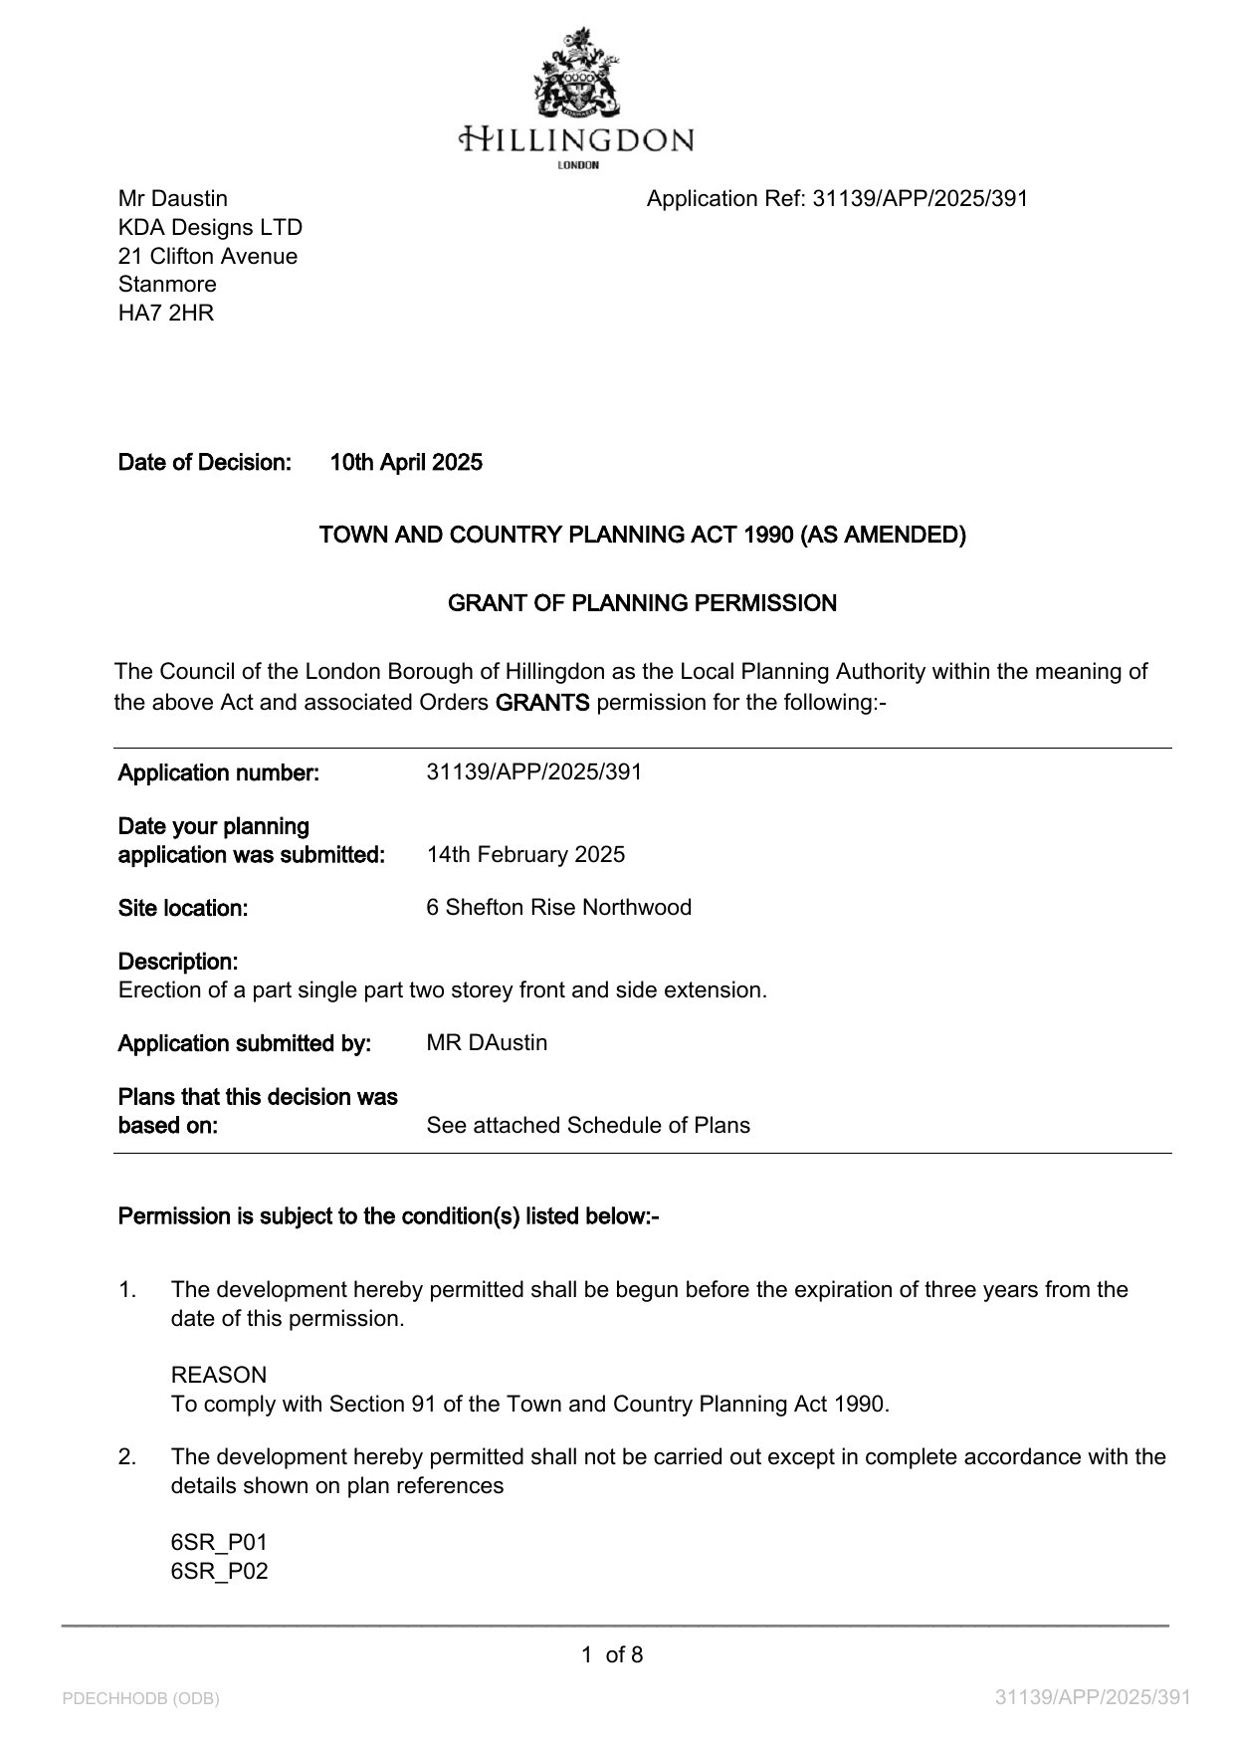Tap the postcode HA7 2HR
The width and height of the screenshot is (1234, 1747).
166,313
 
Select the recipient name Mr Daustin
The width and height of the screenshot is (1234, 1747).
173,198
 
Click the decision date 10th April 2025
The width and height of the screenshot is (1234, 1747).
406,462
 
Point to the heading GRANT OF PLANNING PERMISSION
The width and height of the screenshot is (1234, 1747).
642,603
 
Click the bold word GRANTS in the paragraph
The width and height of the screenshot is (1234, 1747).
542,702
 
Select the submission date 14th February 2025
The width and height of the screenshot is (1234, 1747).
525,854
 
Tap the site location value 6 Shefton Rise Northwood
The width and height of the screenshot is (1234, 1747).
558,907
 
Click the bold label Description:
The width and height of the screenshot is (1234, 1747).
178,962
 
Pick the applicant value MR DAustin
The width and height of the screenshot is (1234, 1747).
487,1042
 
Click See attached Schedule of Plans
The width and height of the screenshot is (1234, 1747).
588,1125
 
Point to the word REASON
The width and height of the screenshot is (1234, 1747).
219,1375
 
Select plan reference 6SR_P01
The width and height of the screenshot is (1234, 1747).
219,1542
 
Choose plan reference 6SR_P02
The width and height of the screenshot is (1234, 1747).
219,1571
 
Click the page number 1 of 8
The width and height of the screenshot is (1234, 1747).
612,1654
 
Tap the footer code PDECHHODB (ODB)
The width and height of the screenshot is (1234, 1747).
140,1698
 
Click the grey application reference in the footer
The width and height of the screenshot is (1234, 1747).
1093,1697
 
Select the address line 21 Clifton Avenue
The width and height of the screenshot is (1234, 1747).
208,256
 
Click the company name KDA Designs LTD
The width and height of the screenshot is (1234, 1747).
210,227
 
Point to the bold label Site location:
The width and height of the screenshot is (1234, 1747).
183,908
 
